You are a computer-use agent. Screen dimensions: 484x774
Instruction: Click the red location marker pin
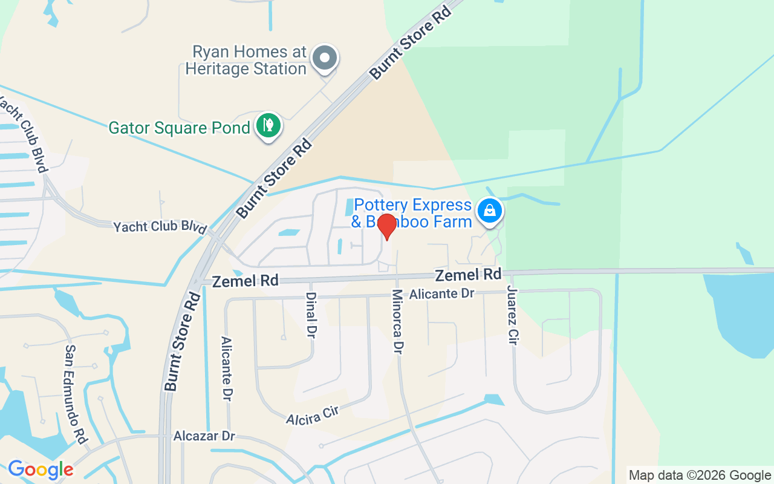(387, 226)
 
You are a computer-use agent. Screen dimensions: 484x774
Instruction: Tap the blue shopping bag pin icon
(490, 211)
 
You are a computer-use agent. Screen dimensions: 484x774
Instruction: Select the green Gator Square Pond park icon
(268, 125)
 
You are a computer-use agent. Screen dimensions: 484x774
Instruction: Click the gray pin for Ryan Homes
(325, 59)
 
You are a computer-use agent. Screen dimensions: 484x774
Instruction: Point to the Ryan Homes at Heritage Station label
(246, 60)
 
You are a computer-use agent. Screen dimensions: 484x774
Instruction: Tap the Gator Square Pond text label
(179, 128)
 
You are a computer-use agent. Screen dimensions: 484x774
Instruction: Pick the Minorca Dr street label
(398, 321)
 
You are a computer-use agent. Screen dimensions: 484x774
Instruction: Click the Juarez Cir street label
(513, 315)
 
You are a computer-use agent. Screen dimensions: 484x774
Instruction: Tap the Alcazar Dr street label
(204, 436)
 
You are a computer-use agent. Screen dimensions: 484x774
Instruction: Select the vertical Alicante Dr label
(227, 369)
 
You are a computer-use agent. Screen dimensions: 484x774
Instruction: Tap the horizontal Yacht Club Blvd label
(160, 227)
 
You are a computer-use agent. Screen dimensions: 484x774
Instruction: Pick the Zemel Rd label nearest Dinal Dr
(245, 281)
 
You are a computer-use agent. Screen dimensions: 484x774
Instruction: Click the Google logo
(41, 469)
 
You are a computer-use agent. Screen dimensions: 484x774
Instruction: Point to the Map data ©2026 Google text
(699, 476)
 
